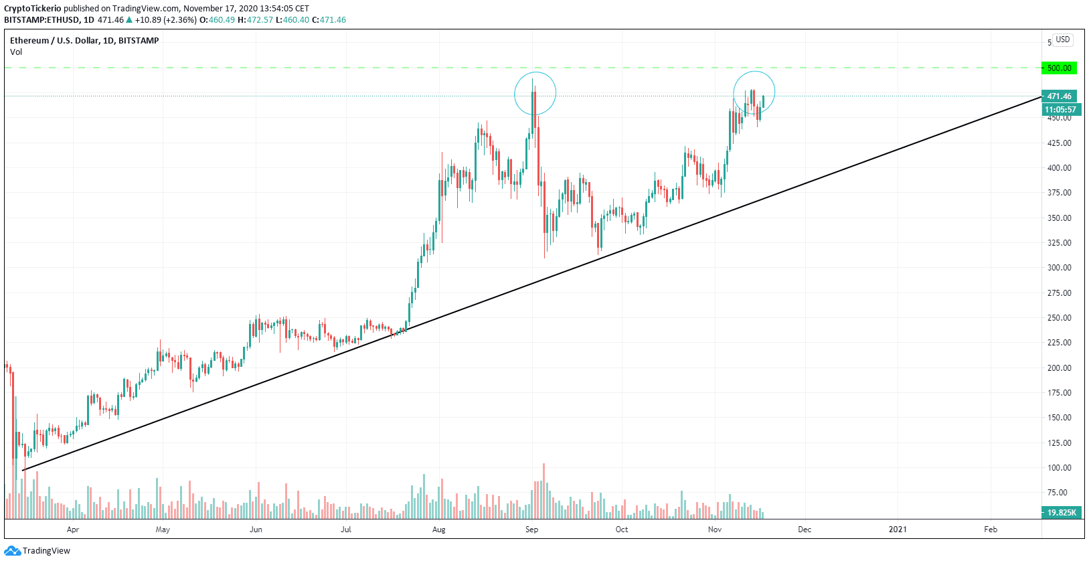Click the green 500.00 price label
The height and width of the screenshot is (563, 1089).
point(1059,68)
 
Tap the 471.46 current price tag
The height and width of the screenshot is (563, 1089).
point(1059,96)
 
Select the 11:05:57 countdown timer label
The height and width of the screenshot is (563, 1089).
point(1060,110)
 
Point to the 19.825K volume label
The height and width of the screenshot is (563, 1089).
point(1061,513)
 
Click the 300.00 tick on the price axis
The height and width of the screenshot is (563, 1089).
point(1059,268)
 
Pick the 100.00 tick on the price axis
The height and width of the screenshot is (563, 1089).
point(1059,468)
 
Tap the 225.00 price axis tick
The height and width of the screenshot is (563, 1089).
point(1059,343)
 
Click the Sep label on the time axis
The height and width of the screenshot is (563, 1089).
point(531,530)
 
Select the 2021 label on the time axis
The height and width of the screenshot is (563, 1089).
point(898,530)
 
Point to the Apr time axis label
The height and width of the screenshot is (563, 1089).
point(73,530)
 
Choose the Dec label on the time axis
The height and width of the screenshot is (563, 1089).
point(805,530)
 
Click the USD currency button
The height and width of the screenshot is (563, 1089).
point(1063,39)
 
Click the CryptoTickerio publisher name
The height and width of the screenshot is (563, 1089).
point(32,9)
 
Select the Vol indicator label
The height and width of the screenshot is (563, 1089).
point(16,52)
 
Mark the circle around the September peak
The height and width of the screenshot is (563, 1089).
point(535,93)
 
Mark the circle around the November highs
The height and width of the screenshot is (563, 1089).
point(754,92)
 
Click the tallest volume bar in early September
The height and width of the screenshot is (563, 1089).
point(543,491)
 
